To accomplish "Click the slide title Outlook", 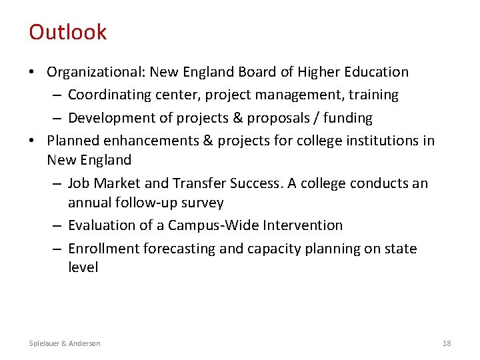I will tap(67, 32).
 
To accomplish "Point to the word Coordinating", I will tap(109, 95).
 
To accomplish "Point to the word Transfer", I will tap(200, 183).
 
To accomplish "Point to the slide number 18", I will tap(447, 343).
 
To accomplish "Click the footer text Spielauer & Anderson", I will tap(65, 343).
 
